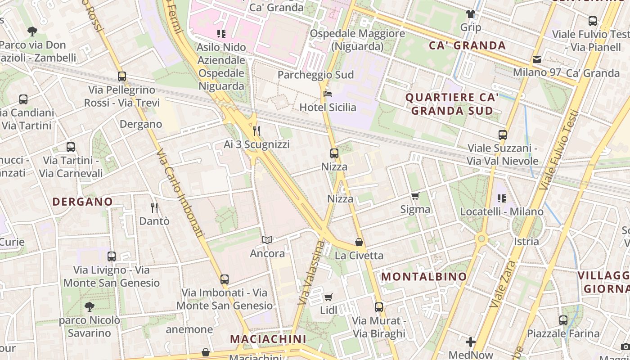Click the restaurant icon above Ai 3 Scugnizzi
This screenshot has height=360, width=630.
point(256,131)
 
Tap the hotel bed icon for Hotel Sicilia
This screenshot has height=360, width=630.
point(328,94)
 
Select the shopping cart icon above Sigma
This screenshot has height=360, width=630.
point(415,196)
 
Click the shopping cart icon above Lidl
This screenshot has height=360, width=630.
point(328,297)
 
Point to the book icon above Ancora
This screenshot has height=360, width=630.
point(267,240)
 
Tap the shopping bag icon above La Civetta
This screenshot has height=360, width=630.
point(359,243)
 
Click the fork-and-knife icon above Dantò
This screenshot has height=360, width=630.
point(154,207)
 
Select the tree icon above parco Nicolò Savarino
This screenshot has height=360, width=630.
point(90,307)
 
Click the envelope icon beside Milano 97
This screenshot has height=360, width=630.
point(537,59)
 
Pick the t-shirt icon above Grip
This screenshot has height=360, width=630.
point(471,14)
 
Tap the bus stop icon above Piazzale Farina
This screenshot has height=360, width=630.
point(563,320)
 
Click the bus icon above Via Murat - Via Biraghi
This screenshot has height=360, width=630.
point(379,307)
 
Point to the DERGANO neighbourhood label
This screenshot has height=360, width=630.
point(82,202)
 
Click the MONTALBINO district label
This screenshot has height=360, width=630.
point(424,277)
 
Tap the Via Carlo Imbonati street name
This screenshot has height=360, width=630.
point(180,193)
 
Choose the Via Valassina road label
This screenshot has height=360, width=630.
point(310,272)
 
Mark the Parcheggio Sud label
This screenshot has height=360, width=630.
point(315,75)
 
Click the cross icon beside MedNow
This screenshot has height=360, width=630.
point(471,342)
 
